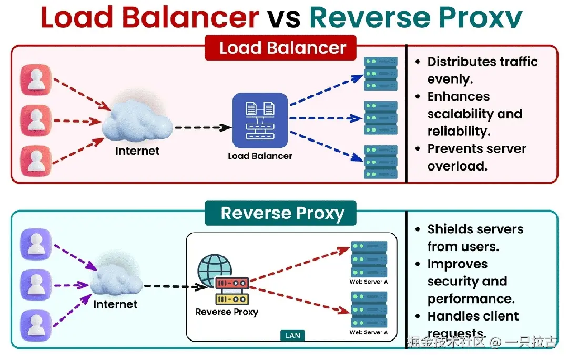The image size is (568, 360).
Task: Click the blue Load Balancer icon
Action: tap(260, 120)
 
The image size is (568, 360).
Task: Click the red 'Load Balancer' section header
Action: tap(282, 48)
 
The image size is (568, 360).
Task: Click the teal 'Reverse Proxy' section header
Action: tap(282, 213)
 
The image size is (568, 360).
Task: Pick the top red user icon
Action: tap(35, 79)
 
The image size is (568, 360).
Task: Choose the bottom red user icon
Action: tap(35, 161)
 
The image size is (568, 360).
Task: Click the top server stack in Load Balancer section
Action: tap(380, 73)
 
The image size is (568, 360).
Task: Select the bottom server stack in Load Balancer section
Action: tap(380, 162)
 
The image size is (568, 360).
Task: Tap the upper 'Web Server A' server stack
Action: tap(369, 259)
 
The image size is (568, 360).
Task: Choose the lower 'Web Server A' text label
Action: tap(369, 333)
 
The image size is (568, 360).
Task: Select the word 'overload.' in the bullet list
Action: tap(457, 166)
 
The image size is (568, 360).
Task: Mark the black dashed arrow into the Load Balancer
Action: tap(202, 127)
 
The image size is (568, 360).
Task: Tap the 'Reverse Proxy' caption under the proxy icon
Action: tap(227, 312)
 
